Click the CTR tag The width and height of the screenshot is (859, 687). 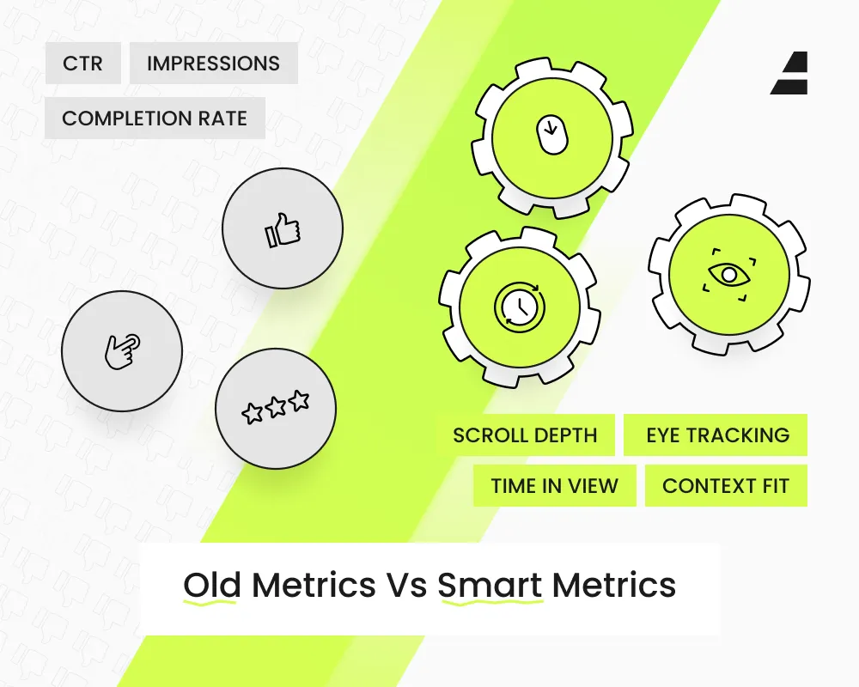[82, 63]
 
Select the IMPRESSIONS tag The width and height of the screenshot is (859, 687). [214, 63]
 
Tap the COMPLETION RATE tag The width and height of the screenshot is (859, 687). [155, 118]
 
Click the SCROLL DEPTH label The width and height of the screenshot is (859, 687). [526, 435]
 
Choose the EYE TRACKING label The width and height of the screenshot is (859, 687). [716, 435]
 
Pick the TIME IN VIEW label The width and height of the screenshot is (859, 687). [555, 485]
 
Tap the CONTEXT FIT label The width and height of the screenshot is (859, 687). [726, 485]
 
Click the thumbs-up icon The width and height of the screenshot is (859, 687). [283, 230]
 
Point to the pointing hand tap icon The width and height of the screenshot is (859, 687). [122, 351]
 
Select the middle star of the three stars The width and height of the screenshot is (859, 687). [276, 406]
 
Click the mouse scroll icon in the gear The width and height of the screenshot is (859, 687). [551, 134]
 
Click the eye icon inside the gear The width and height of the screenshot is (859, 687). [729, 275]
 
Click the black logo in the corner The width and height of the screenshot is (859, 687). [789, 73]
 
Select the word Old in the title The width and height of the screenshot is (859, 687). [212, 585]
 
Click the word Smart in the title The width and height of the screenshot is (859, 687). [490, 585]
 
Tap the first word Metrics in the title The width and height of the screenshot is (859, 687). [314, 585]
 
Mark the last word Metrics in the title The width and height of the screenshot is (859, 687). [614, 585]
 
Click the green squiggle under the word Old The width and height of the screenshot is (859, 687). [210, 603]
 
